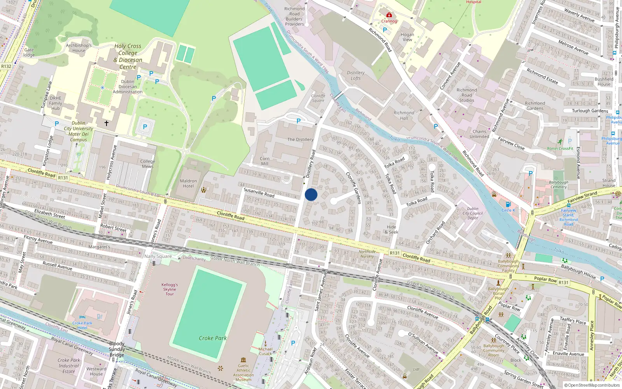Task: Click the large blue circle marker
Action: [x=311, y=194]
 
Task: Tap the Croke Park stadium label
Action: [x=213, y=338]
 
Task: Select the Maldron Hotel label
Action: [x=188, y=183]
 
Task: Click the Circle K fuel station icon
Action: [x=508, y=205]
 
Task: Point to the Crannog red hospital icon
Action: [x=389, y=15]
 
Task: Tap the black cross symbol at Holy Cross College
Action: [x=106, y=123]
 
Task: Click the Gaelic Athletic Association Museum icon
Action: [x=243, y=360]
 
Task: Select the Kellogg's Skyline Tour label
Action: [x=169, y=289]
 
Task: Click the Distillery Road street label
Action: [x=310, y=164]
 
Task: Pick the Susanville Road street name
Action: [x=259, y=192]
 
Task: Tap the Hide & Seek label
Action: [x=391, y=230]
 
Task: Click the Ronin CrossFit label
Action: [x=560, y=148]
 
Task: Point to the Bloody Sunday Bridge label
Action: [x=117, y=349]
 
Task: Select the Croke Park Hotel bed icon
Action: [x=82, y=317]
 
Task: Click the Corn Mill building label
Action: [x=264, y=161]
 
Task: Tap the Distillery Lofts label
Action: [x=356, y=75]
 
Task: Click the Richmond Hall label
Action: [x=404, y=116]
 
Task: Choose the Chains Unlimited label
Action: [x=479, y=134]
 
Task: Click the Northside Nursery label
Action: [x=367, y=254]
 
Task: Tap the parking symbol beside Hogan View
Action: [x=385, y=30]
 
